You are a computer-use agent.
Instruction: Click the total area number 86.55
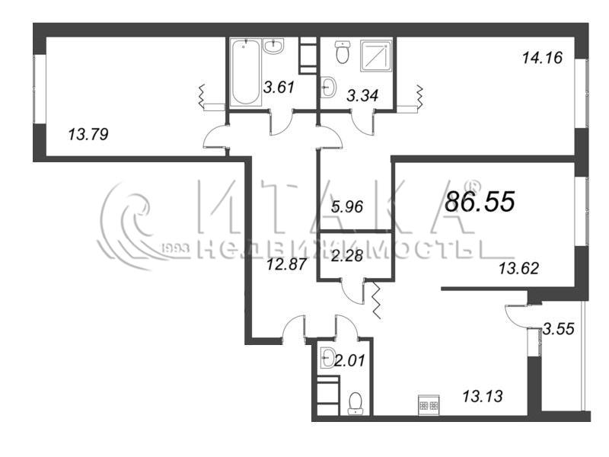[x=480, y=201]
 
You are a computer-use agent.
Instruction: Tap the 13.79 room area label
[x=88, y=135]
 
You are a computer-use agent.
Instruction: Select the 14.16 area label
[x=543, y=58]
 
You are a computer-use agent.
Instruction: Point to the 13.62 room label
[x=519, y=268]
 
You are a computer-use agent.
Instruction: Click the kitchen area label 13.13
[x=483, y=396]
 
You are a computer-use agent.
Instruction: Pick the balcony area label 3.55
[x=559, y=329]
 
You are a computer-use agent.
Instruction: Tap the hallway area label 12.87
[x=287, y=265]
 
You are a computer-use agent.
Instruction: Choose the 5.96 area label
[x=347, y=206]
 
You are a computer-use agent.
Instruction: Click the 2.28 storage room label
[x=347, y=256]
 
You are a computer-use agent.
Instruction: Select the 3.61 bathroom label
[x=279, y=87]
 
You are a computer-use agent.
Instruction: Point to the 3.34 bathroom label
[x=362, y=96]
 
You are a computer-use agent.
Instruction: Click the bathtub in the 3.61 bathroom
[x=244, y=72]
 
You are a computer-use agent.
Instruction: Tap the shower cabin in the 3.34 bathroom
[x=375, y=56]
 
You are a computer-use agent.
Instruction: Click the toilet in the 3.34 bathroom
[x=343, y=52]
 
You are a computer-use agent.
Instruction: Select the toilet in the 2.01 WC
[x=356, y=404]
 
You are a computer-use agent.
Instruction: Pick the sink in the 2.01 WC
[x=328, y=356]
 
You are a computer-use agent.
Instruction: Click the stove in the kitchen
[x=429, y=405]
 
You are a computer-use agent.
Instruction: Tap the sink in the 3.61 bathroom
[x=274, y=46]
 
